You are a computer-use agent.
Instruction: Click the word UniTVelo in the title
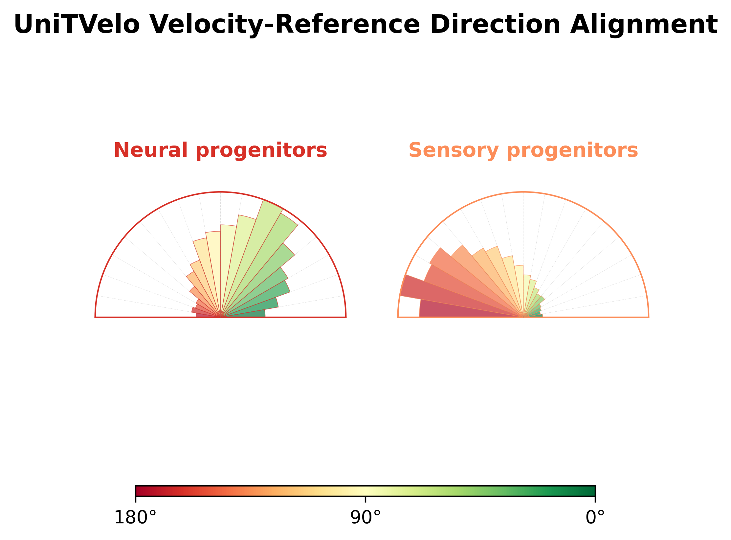pos(77,25)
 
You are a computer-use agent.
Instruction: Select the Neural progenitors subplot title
pos(220,150)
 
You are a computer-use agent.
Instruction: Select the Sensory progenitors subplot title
pos(523,150)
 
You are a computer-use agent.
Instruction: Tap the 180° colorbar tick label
pos(135,518)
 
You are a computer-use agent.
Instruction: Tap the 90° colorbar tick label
pos(365,518)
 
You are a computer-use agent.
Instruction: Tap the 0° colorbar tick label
pos(595,518)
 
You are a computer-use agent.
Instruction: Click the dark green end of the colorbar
pos(591,491)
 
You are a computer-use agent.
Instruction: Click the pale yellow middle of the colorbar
pos(365,491)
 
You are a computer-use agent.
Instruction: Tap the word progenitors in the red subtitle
pos(261,151)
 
